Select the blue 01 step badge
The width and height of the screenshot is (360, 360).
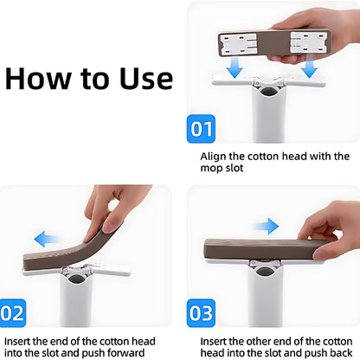202,130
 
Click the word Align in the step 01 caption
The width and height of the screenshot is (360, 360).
214,157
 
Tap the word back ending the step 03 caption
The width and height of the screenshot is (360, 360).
340,352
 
